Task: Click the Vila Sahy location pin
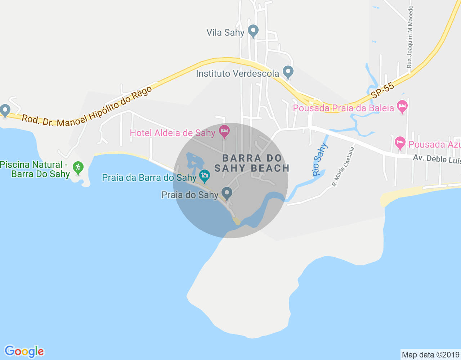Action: tap(253, 31)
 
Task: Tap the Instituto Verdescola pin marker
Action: tap(287, 72)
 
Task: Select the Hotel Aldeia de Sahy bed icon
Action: tap(224, 131)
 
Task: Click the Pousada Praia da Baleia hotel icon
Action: tap(402, 106)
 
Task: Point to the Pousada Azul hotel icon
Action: tap(400, 143)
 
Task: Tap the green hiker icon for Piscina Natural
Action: tap(78, 167)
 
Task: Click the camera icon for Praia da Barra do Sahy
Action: tap(205, 176)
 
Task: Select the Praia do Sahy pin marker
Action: tap(227, 193)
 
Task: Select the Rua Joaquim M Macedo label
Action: tap(410, 37)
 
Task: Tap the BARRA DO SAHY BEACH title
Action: tap(252, 163)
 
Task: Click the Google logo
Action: tap(24, 351)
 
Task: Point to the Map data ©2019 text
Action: tap(430, 355)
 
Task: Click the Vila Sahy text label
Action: tap(225, 32)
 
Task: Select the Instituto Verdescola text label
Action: tap(238, 74)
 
